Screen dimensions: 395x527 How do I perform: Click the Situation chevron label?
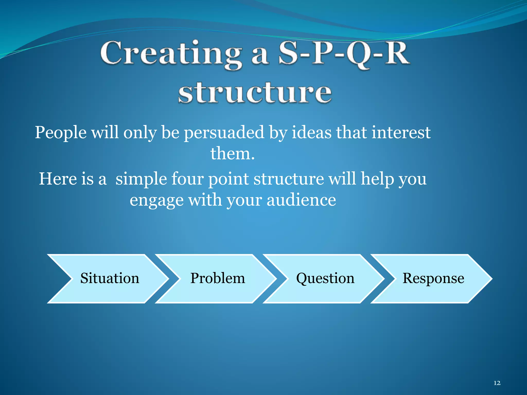110,278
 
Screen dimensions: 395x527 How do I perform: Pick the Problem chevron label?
218,278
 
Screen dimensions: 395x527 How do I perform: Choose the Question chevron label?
325,278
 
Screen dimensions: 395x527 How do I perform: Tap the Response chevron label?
433,278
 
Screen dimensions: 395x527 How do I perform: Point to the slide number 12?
497,383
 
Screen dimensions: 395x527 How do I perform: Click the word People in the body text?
61,133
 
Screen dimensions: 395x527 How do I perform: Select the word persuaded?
224,133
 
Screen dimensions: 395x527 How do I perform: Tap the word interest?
401,133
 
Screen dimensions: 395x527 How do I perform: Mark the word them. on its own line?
233,154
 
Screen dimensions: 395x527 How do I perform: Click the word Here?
58,179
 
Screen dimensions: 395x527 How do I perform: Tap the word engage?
156,201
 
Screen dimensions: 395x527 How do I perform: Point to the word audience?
301,201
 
